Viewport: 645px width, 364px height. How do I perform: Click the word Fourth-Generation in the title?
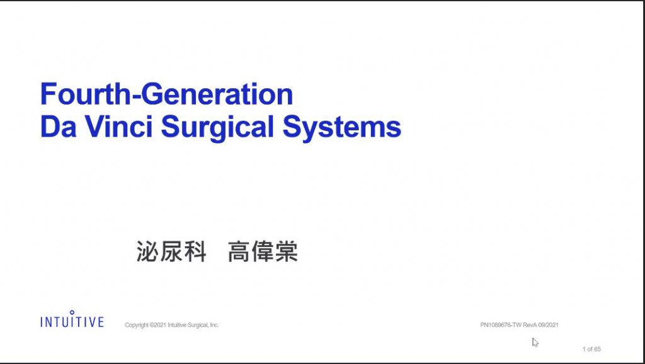[x=166, y=94]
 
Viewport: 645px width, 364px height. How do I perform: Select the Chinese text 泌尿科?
[x=171, y=251]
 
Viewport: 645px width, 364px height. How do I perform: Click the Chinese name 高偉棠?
[x=263, y=251]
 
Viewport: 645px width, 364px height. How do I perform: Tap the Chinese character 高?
[x=239, y=251]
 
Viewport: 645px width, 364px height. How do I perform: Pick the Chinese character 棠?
[x=287, y=251]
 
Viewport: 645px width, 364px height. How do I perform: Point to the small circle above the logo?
[x=72, y=312]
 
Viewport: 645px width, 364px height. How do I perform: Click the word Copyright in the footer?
[x=137, y=325]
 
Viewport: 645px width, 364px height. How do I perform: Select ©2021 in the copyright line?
[x=158, y=325]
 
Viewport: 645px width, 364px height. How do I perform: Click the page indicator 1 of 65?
[x=591, y=349]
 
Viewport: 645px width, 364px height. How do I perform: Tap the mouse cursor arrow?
[x=535, y=342]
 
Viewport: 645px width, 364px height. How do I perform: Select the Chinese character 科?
[x=195, y=251]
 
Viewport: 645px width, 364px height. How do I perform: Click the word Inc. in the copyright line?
[x=214, y=325]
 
